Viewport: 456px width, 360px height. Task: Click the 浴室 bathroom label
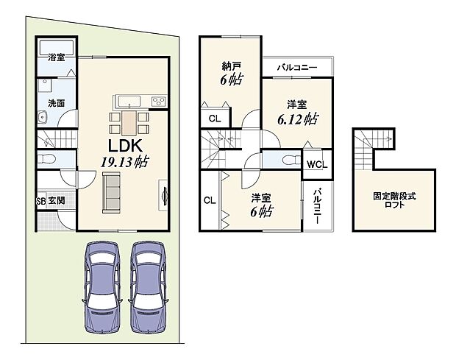57,57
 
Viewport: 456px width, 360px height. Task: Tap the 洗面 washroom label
57,104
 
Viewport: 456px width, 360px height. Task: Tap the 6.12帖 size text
298,119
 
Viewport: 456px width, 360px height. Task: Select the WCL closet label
317,164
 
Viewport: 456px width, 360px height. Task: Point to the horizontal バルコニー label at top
297,68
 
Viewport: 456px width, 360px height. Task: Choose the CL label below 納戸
214,119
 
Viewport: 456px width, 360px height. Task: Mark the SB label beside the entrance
40,201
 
